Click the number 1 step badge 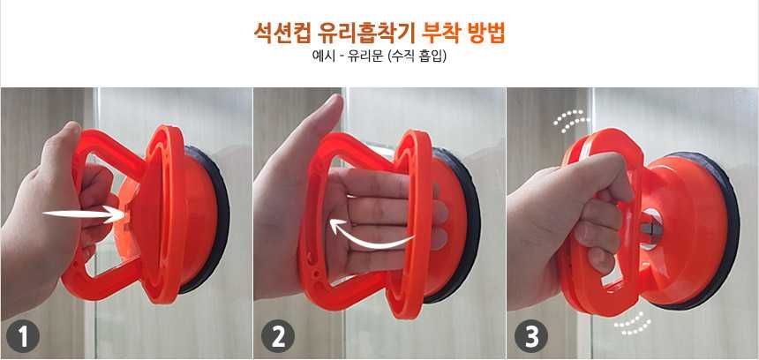point(23,336)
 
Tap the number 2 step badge point(278,336)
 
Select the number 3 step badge point(531,336)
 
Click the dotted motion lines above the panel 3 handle point(572,121)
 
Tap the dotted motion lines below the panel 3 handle point(633,324)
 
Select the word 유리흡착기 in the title point(366,33)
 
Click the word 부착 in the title point(440,33)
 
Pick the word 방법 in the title point(485,33)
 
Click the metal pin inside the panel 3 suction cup point(650,229)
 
